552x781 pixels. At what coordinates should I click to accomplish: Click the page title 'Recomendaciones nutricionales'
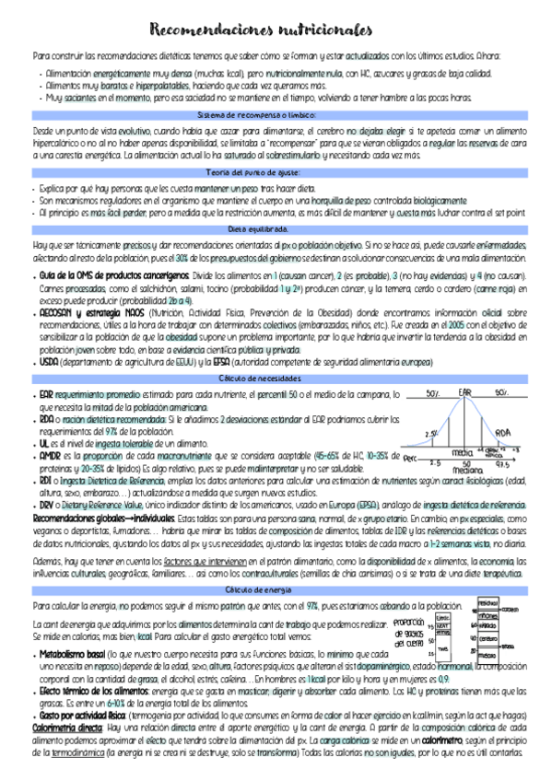(275, 29)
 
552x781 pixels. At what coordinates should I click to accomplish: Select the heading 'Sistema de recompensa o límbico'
(275, 114)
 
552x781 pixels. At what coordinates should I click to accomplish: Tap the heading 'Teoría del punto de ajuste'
(275, 172)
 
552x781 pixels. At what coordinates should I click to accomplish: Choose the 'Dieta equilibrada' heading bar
(275, 228)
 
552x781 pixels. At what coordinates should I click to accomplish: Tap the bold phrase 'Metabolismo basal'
(71, 652)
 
